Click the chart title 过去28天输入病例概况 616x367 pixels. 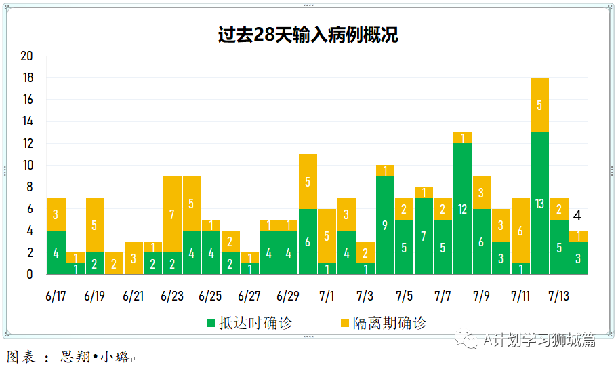click(x=308, y=35)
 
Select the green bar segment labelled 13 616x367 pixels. click(x=539, y=203)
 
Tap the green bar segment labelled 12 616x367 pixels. click(x=462, y=208)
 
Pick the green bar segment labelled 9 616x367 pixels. click(x=385, y=225)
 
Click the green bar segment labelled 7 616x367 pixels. click(x=424, y=236)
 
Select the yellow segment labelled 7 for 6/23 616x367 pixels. click(x=172, y=214)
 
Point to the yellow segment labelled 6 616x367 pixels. click(x=520, y=231)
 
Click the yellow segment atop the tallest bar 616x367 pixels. click(x=539, y=105)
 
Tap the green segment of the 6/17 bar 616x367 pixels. click(x=56, y=252)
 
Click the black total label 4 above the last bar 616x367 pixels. click(x=577, y=216)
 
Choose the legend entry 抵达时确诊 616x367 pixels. click(x=247, y=323)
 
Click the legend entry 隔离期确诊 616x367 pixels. click(x=382, y=323)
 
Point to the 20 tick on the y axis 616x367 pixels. click(x=27, y=56)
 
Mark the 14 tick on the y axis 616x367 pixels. click(x=27, y=121)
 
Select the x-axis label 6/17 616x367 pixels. click(x=56, y=296)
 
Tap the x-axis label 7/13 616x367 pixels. click(x=558, y=296)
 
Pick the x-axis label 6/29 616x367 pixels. click(x=288, y=296)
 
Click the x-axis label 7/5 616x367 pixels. click(x=404, y=296)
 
